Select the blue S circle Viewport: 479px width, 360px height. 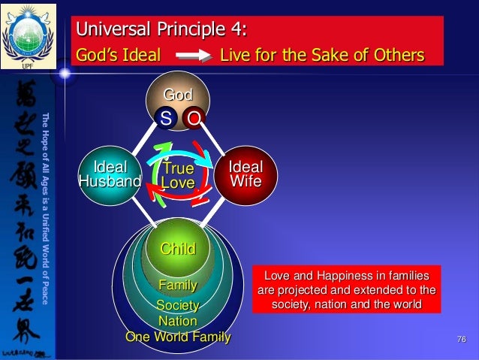click(165, 117)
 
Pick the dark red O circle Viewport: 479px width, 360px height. click(194, 117)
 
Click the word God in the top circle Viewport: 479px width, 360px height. click(178, 95)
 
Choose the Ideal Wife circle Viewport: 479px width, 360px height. click(245, 174)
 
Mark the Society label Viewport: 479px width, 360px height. click(177, 305)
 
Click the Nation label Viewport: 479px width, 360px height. click(177, 321)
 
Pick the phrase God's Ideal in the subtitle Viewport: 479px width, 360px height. click(119, 56)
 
